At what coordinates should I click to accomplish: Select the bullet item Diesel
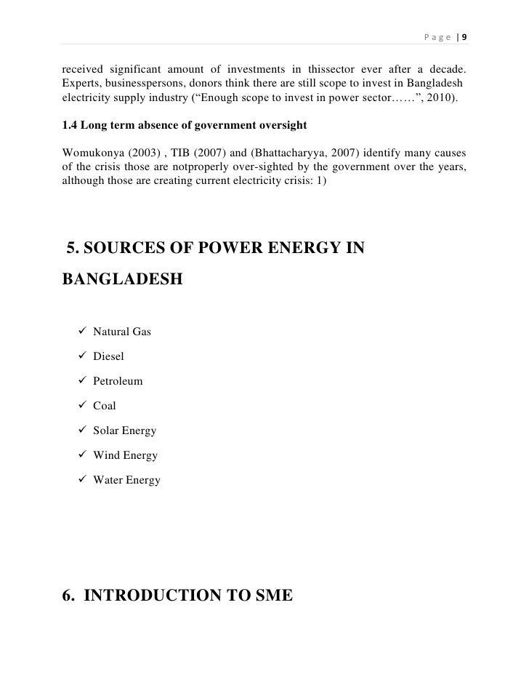[x=108, y=356]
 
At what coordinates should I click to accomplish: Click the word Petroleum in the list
[x=118, y=381]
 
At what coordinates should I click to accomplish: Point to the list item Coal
[x=105, y=406]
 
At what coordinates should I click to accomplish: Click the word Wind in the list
[x=106, y=455]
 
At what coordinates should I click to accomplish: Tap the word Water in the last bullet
[x=108, y=480]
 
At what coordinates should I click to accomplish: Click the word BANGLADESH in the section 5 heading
[x=124, y=279]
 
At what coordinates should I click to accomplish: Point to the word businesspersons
[x=146, y=84]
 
